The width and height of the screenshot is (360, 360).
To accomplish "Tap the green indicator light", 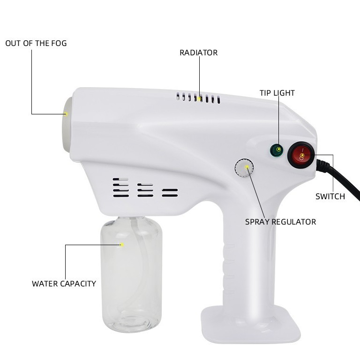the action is point(277,150).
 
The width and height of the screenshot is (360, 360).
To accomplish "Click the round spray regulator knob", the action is point(244,168).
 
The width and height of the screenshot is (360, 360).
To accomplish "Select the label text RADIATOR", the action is point(198,53).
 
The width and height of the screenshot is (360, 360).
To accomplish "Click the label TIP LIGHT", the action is point(277,93).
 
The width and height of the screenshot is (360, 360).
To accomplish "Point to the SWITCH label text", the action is point(330,196).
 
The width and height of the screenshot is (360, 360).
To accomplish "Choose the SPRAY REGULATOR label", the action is point(280,222).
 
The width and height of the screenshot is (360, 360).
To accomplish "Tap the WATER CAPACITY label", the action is point(64,284).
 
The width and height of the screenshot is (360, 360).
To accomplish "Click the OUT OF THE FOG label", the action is point(36,44).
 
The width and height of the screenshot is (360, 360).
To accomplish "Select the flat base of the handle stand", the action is point(251,324).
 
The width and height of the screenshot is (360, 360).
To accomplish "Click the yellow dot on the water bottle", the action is point(122,245).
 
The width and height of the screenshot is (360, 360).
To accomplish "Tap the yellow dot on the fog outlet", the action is point(66,114).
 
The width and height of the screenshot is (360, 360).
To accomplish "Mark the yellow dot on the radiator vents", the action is point(200,99).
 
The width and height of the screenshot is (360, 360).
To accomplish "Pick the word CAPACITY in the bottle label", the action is point(78,284).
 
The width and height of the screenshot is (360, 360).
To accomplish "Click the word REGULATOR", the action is point(293,222).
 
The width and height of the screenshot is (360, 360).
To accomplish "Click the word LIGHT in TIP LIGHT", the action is point(284,93).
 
